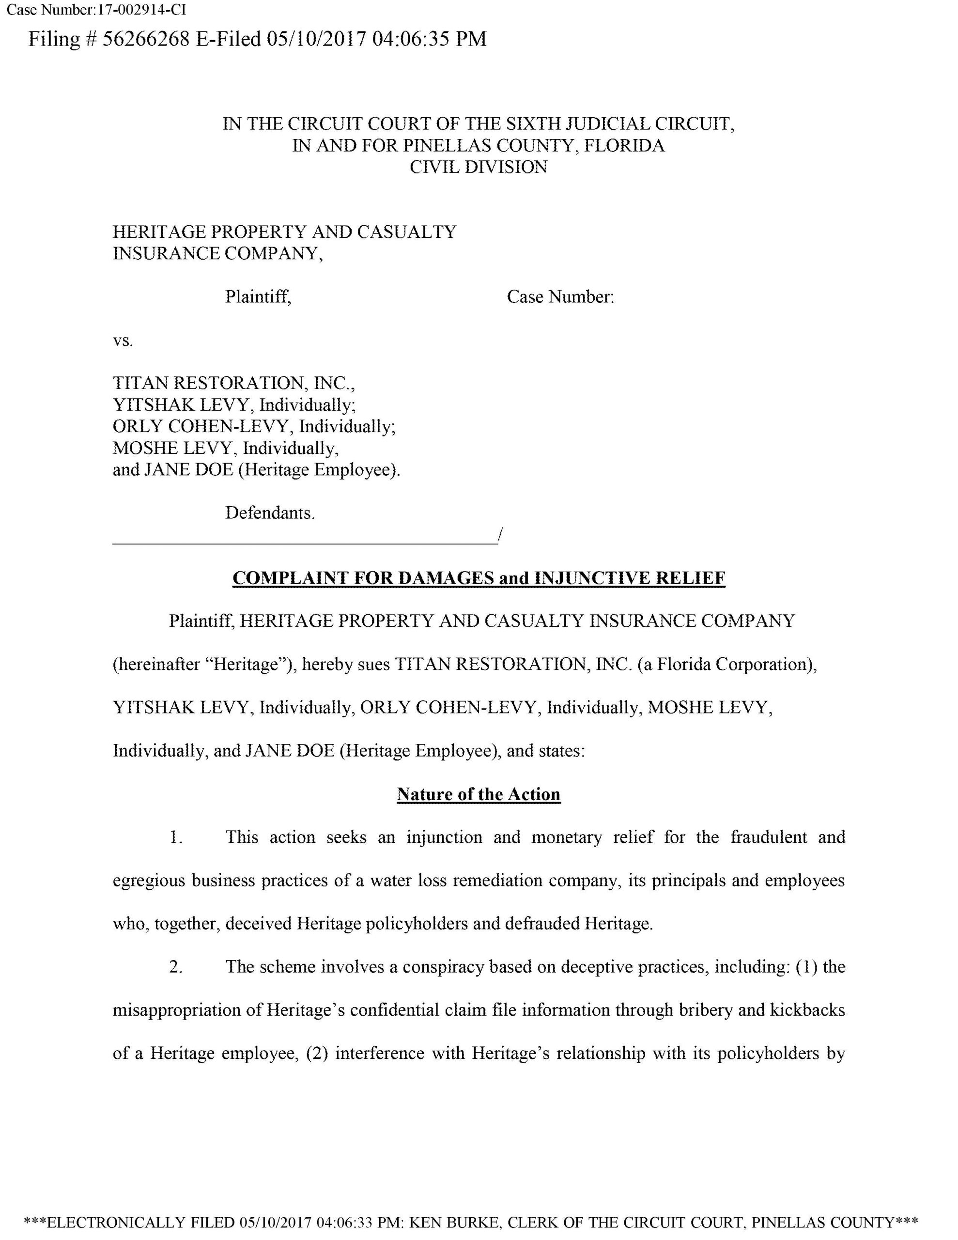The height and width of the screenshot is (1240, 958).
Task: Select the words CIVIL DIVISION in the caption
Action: [x=478, y=167]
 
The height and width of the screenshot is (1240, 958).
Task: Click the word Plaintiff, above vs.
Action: [x=258, y=296]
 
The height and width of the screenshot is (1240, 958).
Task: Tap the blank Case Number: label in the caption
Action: [x=560, y=296]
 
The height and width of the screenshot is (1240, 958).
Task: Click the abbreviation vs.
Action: [x=123, y=341]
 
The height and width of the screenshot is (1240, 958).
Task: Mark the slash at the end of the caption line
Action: [x=499, y=534]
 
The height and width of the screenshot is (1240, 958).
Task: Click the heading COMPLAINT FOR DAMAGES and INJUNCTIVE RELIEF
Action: [x=479, y=577]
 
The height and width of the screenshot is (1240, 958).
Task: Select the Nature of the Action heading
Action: [x=478, y=794]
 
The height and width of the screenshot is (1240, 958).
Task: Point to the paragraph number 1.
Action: [x=175, y=837]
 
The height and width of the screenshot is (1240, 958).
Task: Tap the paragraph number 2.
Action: [x=175, y=966]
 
